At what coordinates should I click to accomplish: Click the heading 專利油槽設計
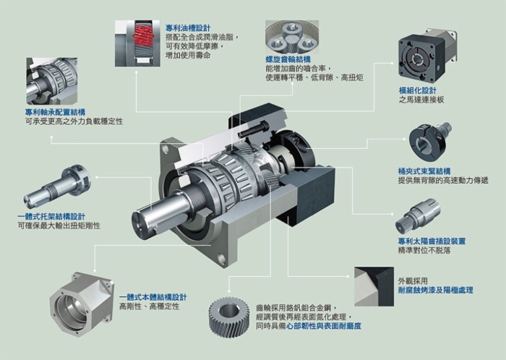coord(188,27)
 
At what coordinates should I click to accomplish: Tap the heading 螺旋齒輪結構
coord(288,59)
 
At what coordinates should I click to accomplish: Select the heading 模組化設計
coord(417,90)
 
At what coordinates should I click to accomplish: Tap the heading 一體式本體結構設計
coord(153,296)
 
